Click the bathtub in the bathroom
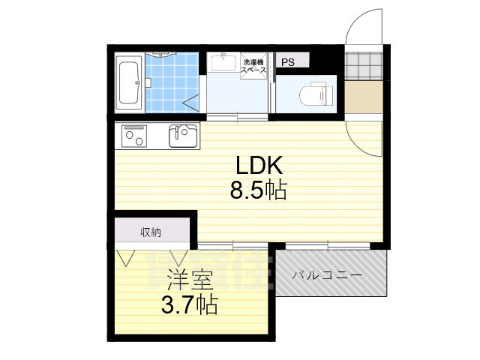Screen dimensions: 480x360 pyautogui.click(x=129, y=82)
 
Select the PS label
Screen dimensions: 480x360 pyautogui.click(x=288, y=62)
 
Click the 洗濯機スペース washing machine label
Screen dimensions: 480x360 pyautogui.click(x=253, y=66)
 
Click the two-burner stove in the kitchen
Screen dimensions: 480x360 pyautogui.click(x=134, y=136)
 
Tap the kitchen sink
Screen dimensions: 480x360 pyautogui.click(x=183, y=136)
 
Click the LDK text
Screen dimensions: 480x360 pyautogui.click(x=259, y=165)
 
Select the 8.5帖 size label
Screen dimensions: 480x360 pyautogui.click(x=259, y=190)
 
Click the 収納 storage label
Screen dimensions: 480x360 pyautogui.click(x=151, y=232)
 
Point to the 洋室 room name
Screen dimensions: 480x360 pyautogui.click(x=190, y=280)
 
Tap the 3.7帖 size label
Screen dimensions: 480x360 pyautogui.click(x=190, y=305)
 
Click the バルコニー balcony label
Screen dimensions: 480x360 pyautogui.click(x=327, y=275)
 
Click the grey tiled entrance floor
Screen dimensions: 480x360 pyautogui.click(x=364, y=65)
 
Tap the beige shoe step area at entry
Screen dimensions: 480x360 pyautogui.click(x=364, y=97)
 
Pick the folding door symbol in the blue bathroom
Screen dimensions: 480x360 pyautogui.click(x=191, y=103)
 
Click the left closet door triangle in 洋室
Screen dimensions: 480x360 pyautogui.click(x=126, y=258)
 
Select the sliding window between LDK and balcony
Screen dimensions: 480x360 pyautogui.click(x=328, y=246)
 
